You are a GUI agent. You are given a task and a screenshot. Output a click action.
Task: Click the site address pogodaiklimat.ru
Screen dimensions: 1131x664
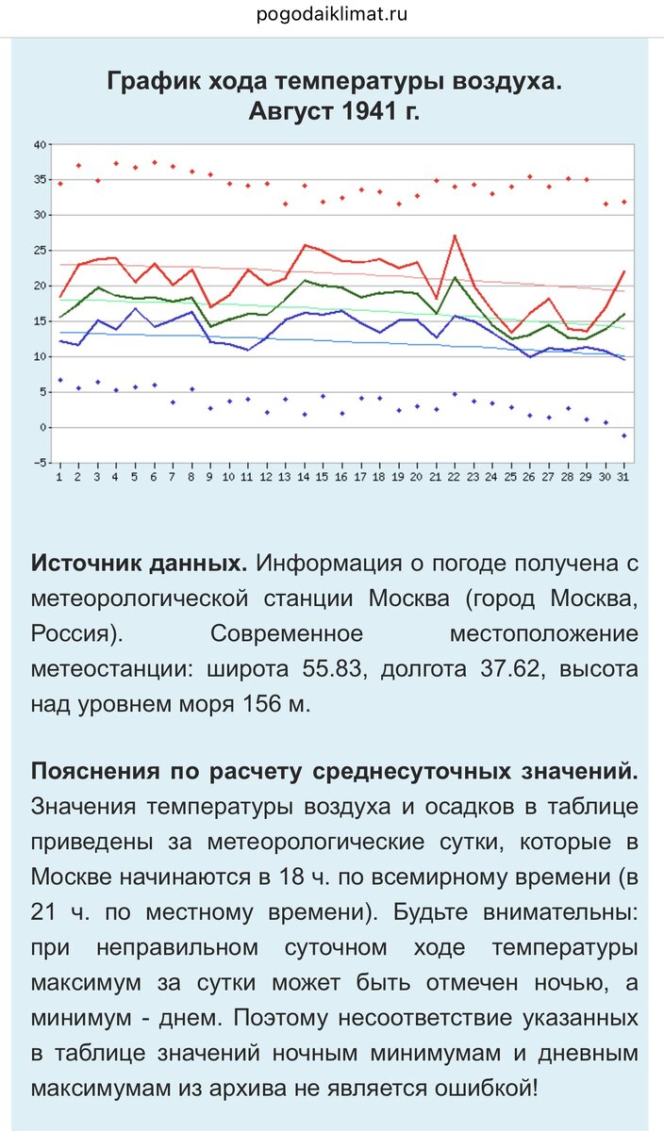(x=332, y=15)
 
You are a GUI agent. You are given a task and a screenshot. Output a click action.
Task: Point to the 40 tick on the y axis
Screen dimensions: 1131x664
(x=40, y=144)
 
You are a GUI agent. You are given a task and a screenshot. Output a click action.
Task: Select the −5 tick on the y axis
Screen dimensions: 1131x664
(x=39, y=463)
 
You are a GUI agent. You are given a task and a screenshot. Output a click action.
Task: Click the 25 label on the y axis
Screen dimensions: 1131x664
(x=40, y=251)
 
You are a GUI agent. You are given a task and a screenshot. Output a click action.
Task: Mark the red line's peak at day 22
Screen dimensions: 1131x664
(x=455, y=236)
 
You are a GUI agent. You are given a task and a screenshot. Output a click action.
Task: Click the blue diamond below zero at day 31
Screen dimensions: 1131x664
(x=623, y=435)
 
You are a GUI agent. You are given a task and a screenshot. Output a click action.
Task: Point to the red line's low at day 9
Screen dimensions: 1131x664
(x=210, y=307)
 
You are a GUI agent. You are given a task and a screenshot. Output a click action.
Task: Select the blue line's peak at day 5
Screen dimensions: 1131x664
(x=135, y=308)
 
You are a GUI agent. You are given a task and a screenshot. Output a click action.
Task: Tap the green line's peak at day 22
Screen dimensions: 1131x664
(x=455, y=277)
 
